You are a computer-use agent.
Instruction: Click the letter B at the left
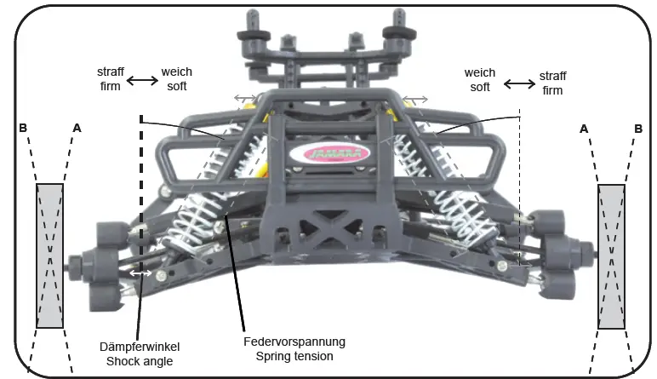24,129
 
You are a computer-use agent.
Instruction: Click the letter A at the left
77,129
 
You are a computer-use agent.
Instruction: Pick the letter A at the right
583,129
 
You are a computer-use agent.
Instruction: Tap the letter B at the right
637,129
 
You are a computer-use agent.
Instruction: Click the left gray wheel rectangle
50,256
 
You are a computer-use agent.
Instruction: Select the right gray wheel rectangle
611,256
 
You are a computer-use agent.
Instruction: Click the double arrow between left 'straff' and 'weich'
142,81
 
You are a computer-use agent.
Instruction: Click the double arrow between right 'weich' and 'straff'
519,83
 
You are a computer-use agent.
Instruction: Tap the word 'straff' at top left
111,74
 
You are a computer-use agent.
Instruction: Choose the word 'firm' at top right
553,91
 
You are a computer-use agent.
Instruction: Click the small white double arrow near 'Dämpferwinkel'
141,273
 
